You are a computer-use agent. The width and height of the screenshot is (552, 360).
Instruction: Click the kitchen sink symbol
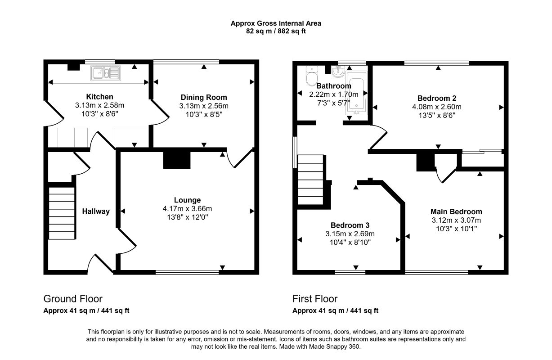[105, 73]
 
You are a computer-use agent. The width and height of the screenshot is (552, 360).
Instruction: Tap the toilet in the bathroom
[312, 76]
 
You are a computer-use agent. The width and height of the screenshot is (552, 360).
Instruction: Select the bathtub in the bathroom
[356, 93]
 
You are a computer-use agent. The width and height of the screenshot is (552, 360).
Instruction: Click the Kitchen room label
[99, 96]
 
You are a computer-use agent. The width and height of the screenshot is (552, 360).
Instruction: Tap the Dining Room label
[204, 97]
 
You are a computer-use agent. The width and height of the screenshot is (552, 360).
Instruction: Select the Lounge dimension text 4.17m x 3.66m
[187, 209]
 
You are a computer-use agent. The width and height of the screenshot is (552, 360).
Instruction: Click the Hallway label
[96, 211]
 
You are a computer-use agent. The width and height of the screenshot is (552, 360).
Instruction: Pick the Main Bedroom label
[456, 211]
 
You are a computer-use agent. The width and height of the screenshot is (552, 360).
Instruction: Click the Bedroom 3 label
[350, 225]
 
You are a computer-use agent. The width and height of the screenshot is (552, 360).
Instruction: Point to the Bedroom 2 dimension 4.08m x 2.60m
[437, 107]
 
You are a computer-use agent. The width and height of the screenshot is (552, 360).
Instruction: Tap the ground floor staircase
[62, 213]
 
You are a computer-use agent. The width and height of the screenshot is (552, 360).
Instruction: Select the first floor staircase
[311, 180]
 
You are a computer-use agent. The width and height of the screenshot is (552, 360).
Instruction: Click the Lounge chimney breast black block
[177, 160]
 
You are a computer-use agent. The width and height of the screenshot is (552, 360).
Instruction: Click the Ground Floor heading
[73, 299]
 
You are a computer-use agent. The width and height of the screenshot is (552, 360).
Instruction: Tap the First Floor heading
[315, 299]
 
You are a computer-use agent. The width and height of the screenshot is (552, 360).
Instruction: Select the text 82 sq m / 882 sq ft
[276, 31]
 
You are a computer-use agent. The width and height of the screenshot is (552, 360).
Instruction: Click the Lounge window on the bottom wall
[187, 272]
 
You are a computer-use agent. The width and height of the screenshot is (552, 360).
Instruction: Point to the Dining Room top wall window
[186, 62]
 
